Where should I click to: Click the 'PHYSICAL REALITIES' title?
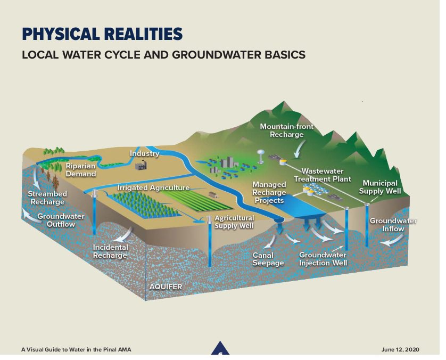click(x=102, y=34)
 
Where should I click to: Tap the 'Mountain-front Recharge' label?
click(x=286, y=131)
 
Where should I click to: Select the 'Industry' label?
click(x=145, y=153)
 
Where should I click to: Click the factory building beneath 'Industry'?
click(x=142, y=166)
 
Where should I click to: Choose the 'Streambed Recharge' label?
click(x=47, y=198)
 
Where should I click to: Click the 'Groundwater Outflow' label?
click(x=56, y=220)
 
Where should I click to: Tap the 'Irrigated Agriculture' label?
click(x=153, y=188)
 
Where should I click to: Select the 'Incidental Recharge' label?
click(x=110, y=251)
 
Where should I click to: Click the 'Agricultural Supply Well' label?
click(x=234, y=222)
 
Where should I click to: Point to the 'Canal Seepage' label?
click(x=268, y=259)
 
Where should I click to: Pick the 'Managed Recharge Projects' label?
click(x=269, y=192)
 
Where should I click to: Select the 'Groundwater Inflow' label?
click(x=393, y=225)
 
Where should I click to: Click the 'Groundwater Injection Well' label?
click(x=323, y=259)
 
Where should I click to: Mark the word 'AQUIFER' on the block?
click(x=166, y=287)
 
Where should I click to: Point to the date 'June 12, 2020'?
click(x=400, y=349)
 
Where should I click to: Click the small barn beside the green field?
click(x=213, y=194)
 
